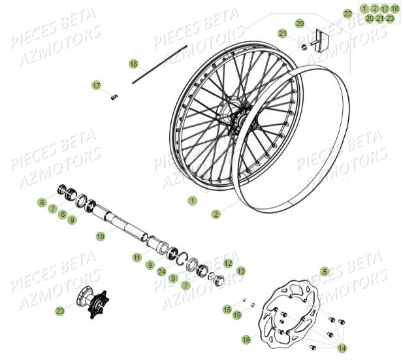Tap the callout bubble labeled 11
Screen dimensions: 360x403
click(137, 257)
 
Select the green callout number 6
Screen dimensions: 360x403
click(42, 203)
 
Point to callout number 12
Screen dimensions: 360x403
click(210, 263)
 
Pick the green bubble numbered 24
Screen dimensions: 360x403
click(161, 272)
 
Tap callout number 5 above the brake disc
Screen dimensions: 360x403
click(324, 270)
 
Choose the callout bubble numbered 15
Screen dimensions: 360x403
click(227, 309)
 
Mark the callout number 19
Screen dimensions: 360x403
click(236, 315)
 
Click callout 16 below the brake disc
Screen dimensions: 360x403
click(246, 339)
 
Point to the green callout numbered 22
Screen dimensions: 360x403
click(347, 13)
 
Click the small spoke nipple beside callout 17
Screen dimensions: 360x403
click(114, 97)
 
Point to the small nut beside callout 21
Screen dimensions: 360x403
click(304, 46)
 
